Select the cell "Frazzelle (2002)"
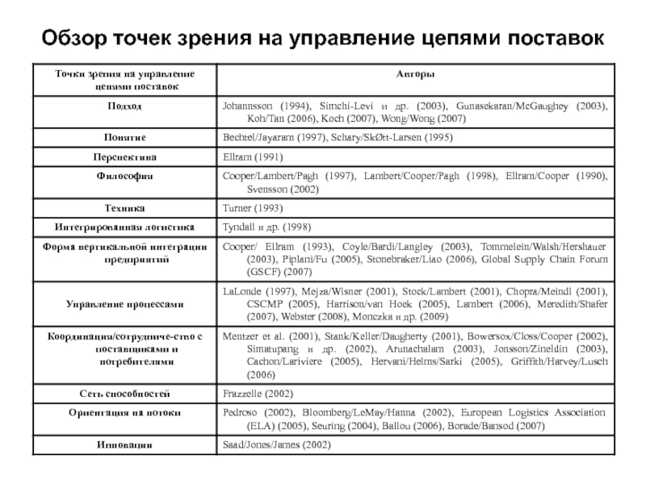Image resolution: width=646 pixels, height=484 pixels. click(x=256, y=394)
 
